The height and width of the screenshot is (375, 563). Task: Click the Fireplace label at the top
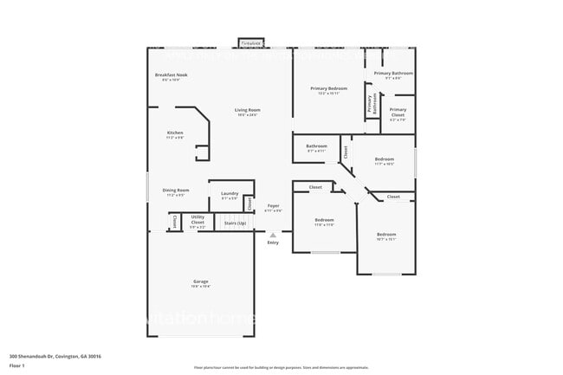(x=251, y=42)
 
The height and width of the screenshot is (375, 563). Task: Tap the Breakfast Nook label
(x=171, y=75)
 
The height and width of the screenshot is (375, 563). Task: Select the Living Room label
(x=247, y=110)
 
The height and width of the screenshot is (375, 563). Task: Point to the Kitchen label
(x=175, y=133)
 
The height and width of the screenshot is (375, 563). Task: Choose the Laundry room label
(x=230, y=193)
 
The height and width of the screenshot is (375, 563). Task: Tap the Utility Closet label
(x=198, y=220)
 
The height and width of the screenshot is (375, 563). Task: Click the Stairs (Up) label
(x=235, y=223)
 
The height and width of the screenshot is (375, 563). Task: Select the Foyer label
(x=273, y=206)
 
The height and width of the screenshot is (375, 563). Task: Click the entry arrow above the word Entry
(x=273, y=233)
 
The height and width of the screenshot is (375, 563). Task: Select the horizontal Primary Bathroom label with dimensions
(x=393, y=74)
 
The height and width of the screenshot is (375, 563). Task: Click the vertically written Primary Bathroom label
(x=370, y=103)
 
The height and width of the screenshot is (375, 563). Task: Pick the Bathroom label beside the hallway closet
(x=316, y=146)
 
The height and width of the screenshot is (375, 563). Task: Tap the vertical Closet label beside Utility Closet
(x=175, y=222)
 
